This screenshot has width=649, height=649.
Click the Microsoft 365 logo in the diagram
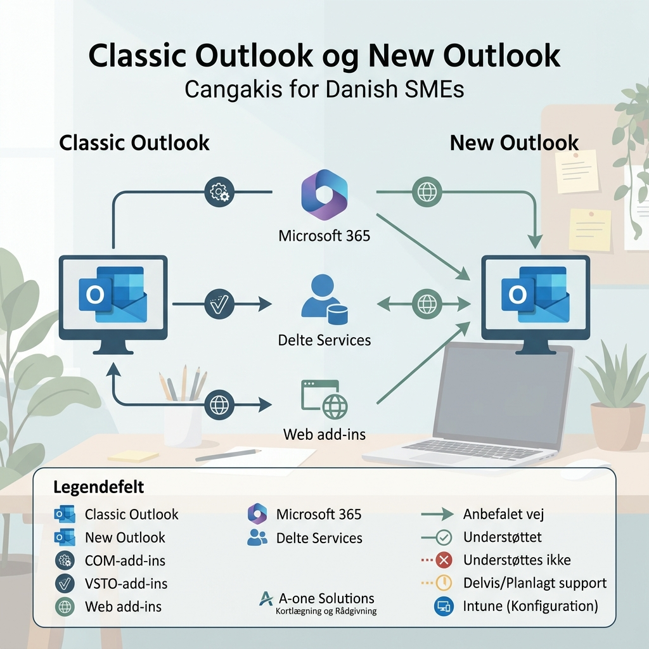tap(324, 195)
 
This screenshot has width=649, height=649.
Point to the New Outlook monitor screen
tap(536, 296)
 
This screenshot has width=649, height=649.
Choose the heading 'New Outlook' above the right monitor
tap(514, 143)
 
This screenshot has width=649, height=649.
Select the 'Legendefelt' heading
tap(99, 487)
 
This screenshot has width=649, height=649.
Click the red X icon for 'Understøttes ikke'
tap(444, 560)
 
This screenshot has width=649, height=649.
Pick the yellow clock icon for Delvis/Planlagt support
tap(444, 582)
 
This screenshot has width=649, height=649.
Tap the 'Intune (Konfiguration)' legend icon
tap(444, 606)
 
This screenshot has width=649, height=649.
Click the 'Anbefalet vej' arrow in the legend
tap(437, 514)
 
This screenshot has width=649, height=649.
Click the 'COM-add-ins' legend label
tap(125, 560)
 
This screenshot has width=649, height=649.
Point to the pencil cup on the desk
tap(182, 422)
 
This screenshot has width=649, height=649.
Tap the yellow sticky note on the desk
tap(133, 456)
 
